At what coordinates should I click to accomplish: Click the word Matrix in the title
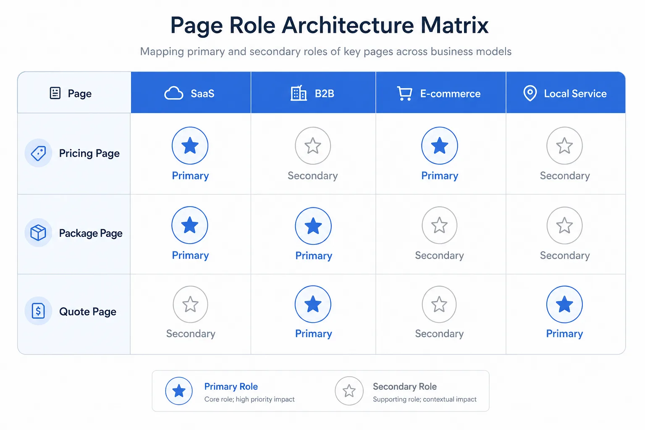pyautogui.click(x=454, y=25)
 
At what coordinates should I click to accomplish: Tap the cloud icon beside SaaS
pyautogui.click(x=173, y=93)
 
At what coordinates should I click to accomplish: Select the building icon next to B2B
pyautogui.click(x=298, y=93)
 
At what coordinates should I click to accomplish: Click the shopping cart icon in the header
pyautogui.click(x=404, y=93)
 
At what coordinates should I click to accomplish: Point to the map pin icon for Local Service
pyautogui.click(x=530, y=93)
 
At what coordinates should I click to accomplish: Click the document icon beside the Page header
pyautogui.click(x=55, y=93)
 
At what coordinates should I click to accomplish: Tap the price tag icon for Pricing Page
pyautogui.click(x=38, y=153)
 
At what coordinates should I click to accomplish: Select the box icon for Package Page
pyautogui.click(x=38, y=233)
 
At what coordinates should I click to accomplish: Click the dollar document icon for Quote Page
pyautogui.click(x=38, y=311)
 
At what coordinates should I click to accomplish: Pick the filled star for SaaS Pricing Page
pyautogui.click(x=190, y=146)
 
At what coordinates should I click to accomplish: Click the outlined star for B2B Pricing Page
pyautogui.click(x=313, y=146)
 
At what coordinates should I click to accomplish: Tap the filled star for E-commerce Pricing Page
pyautogui.click(x=439, y=146)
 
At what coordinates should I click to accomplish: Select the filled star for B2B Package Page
pyautogui.click(x=313, y=226)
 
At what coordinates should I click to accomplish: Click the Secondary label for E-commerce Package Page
pyautogui.click(x=439, y=255)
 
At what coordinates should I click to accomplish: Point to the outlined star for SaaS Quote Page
pyautogui.click(x=190, y=304)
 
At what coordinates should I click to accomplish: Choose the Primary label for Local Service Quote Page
pyautogui.click(x=564, y=333)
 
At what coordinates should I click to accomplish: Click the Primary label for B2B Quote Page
pyautogui.click(x=314, y=333)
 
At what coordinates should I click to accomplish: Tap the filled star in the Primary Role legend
pyautogui.click(x=179, y=391)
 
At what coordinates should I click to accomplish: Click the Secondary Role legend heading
pyautogui.click(x=405, y=386)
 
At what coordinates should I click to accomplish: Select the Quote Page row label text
pyautogui.click(x=88, y=312)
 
